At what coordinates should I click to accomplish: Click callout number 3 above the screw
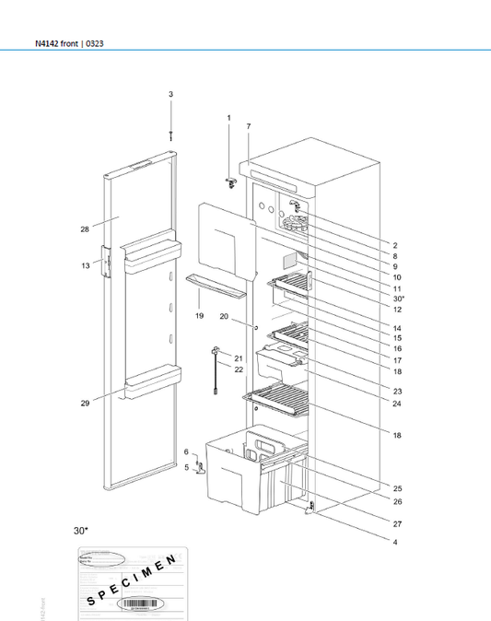coord(170,94)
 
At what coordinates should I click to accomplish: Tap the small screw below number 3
coord(170,135)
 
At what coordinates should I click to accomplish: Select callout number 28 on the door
coord(84,228)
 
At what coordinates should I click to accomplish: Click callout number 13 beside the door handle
coord(85,264)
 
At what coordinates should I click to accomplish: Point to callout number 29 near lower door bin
coord(84,404)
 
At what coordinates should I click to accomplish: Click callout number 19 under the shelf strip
coord(199,316)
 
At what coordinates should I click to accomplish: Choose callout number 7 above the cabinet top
coord(248,125)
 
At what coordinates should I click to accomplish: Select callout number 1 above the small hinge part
coord(228,118)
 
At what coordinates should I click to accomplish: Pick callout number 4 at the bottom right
coord(396,542)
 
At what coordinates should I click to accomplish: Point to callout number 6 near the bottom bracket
coord(185,451)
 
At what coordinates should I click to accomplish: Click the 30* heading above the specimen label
coord(81,531)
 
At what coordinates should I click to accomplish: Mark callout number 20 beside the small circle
coord(224,316)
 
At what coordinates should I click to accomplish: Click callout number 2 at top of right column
coord(396,245)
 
